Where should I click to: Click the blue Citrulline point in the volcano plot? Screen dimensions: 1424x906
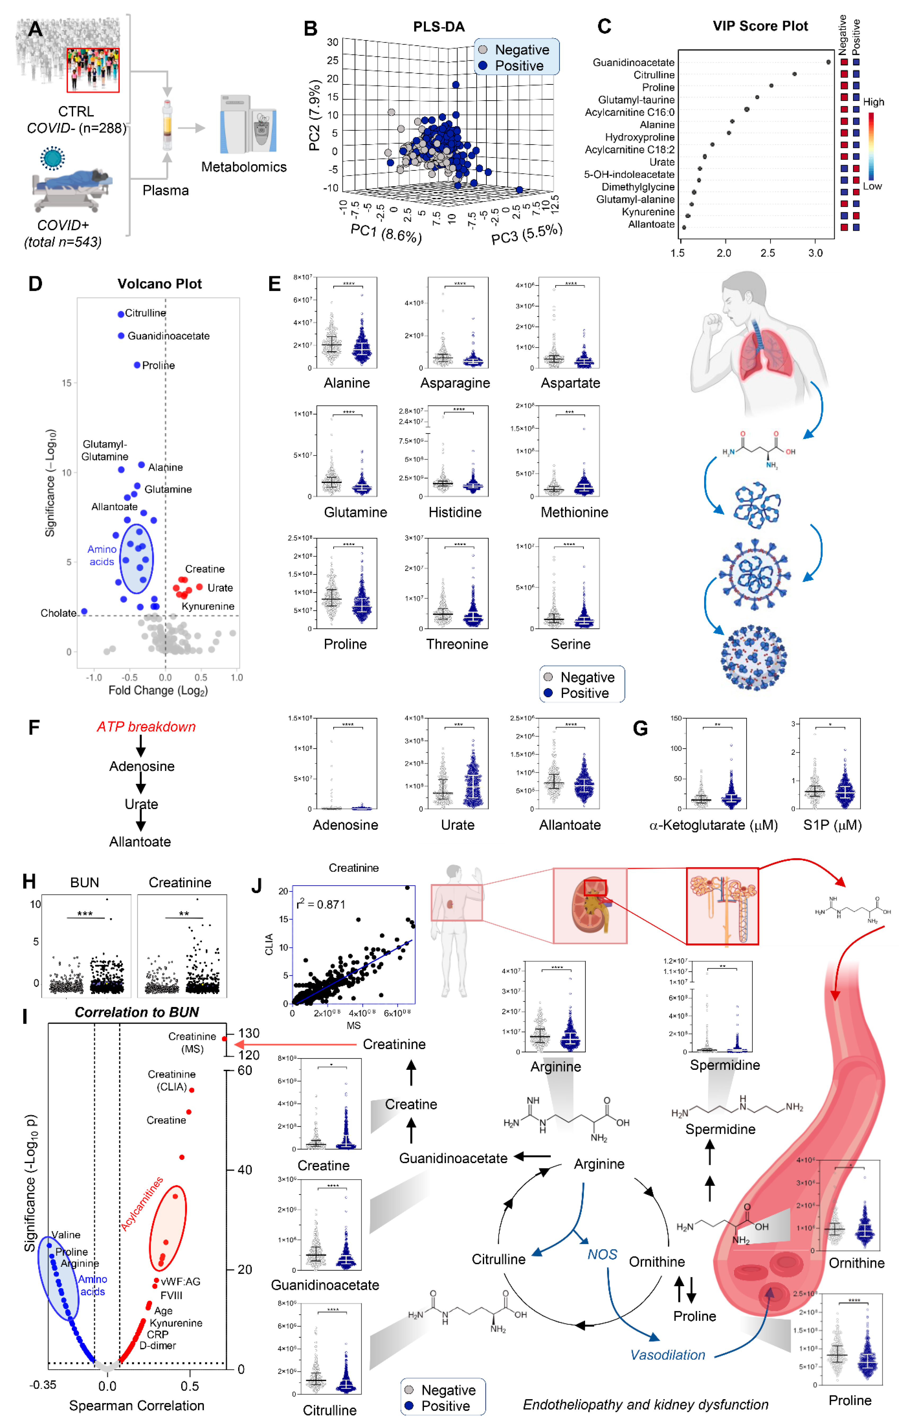(121, 314)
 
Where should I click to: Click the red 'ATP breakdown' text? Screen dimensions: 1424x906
(146, 727)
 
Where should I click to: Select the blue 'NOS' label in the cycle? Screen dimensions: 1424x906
(602, 1254)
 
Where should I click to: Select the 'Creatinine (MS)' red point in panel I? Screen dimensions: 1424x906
(224, 1039)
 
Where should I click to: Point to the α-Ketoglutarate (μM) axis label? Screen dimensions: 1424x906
(713, 825)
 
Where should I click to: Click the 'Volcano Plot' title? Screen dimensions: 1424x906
(160, 284)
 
